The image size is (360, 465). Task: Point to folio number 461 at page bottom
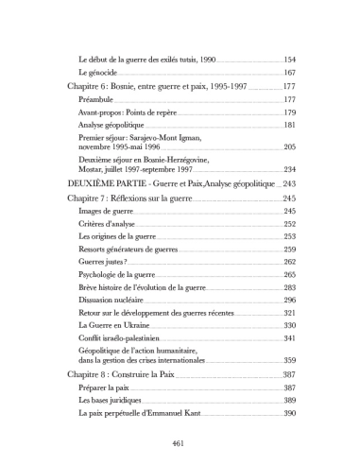pyautogui.click(x=180, y=442)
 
